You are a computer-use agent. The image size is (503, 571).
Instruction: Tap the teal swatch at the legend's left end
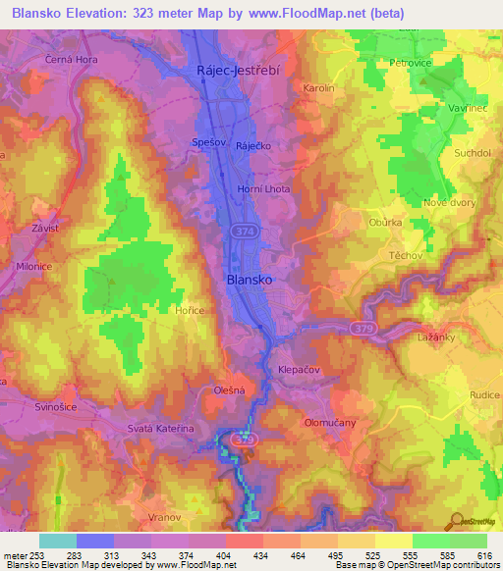click(58, 541)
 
